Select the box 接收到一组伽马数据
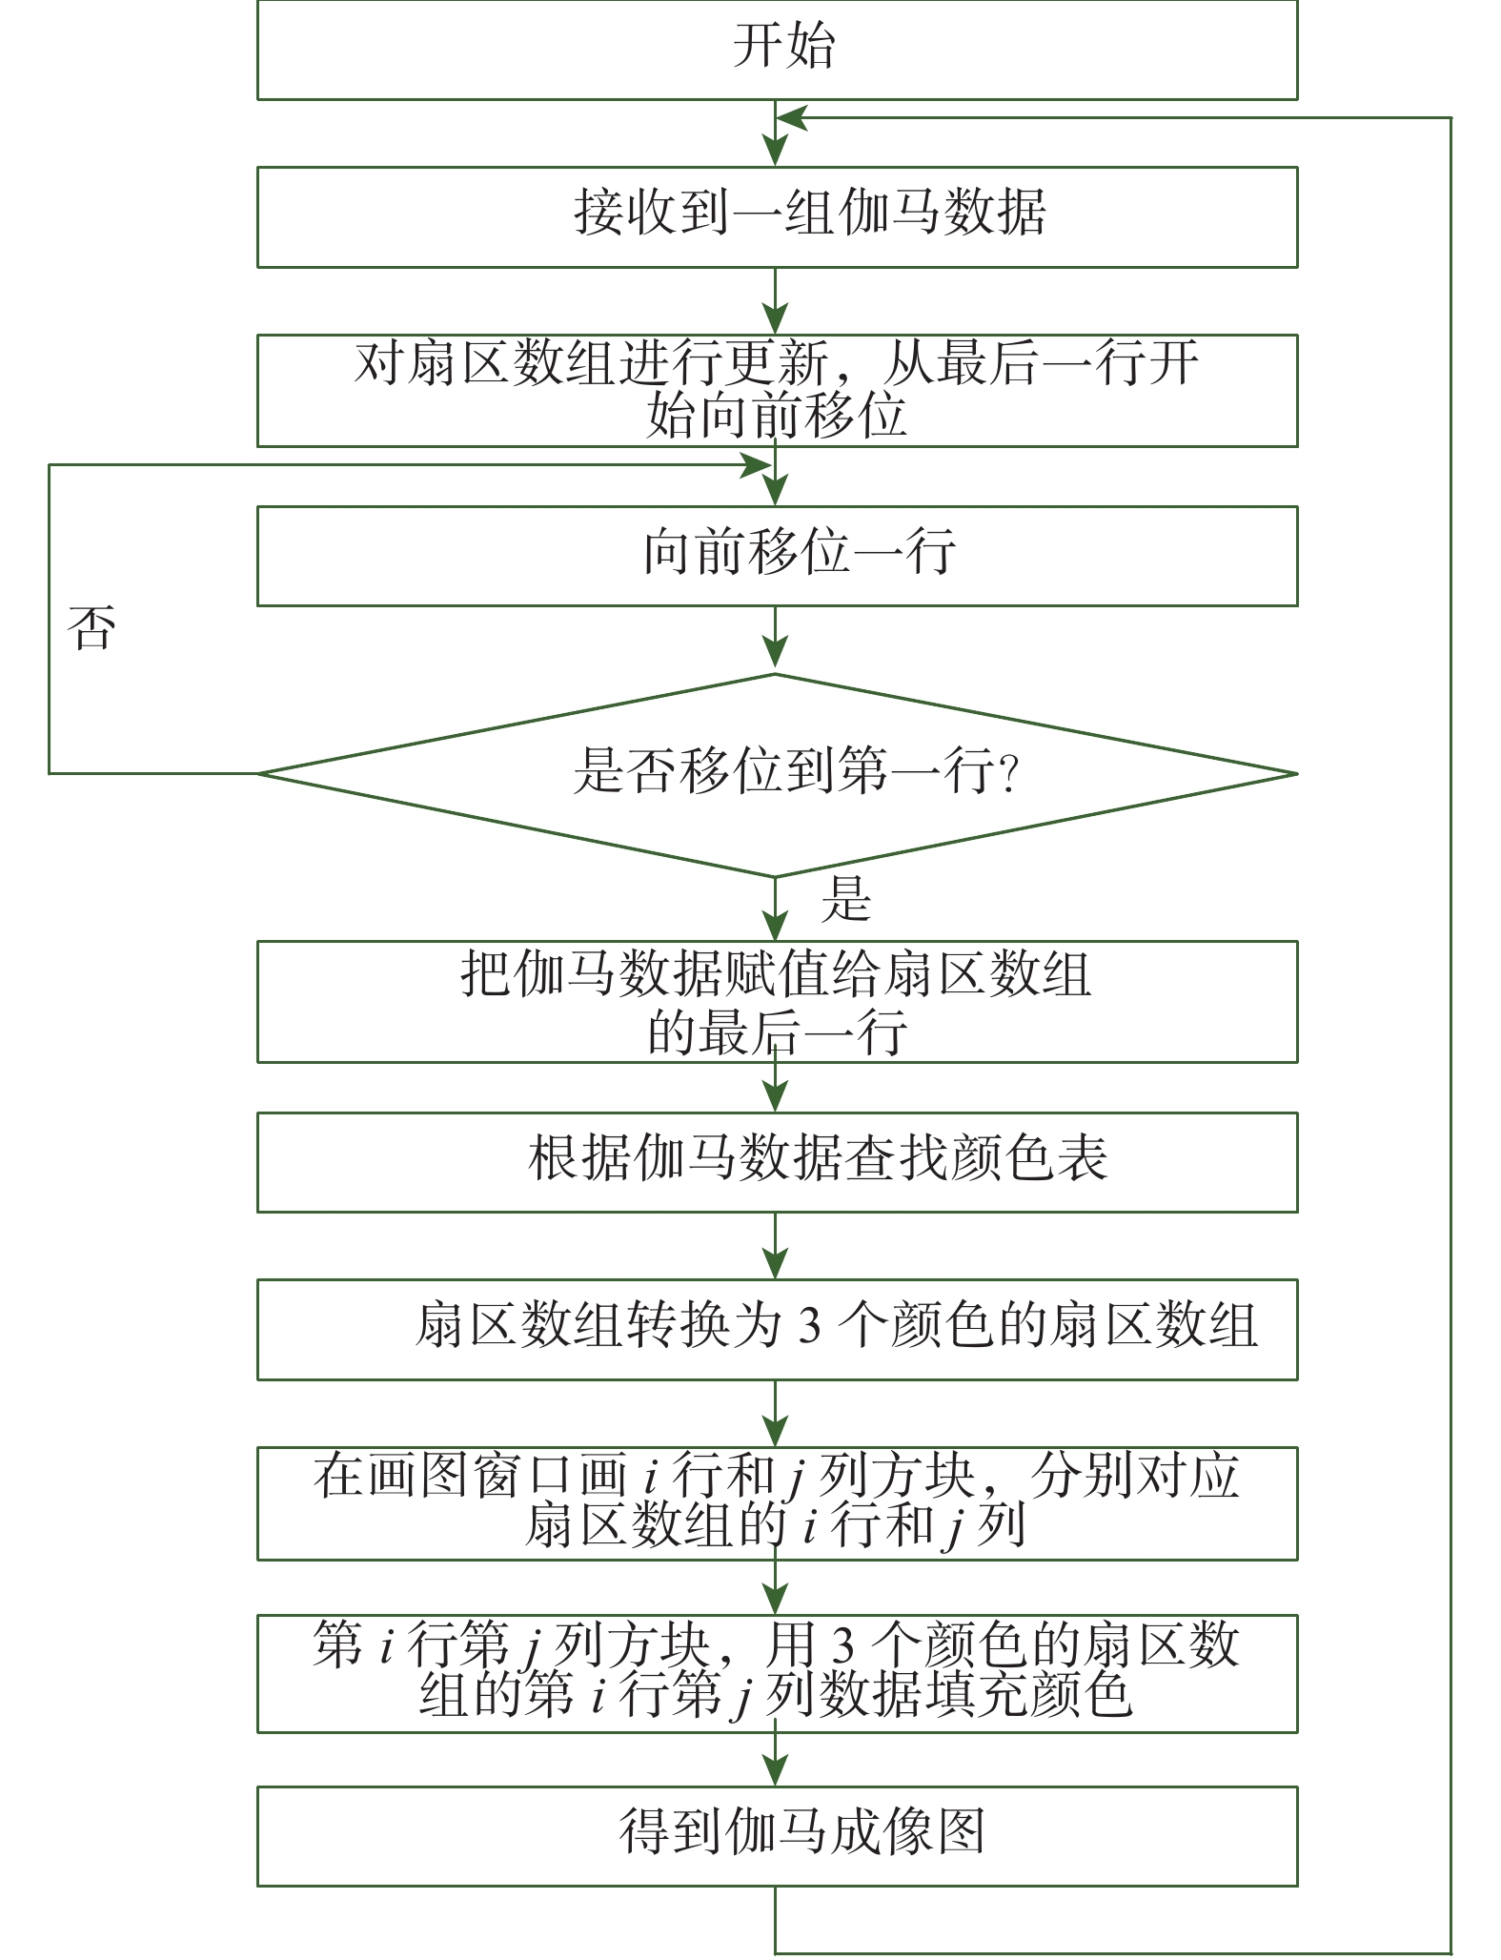tap(777, 216)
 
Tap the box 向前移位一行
tap(777, 556)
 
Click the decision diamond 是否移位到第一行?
tap(777, 773)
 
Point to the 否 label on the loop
tap(91, 629)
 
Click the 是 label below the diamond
tap(845, 899)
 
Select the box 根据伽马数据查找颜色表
tap(777, 1162)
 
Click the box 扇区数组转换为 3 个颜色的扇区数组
tap(777, 1329)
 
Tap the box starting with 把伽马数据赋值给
tap(777, 1001)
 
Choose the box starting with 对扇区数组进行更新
tap(777, 390)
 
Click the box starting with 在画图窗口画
tap(777, 1502)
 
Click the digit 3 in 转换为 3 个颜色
tap(809, 1327)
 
